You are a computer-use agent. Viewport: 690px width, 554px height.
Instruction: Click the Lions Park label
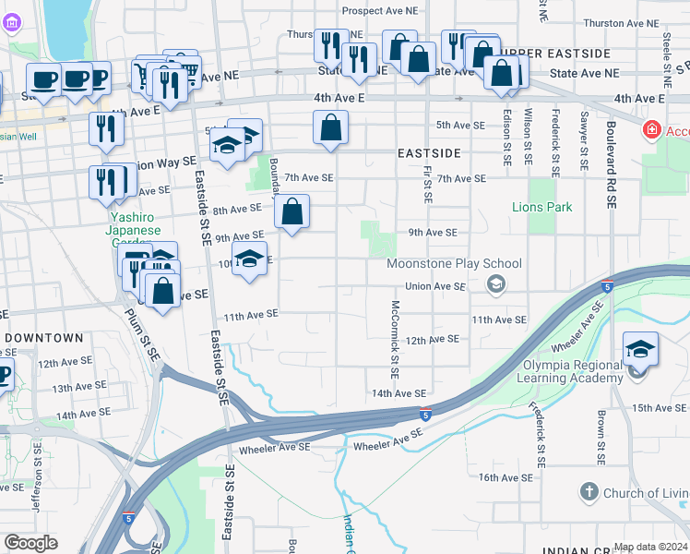tap(542, 207)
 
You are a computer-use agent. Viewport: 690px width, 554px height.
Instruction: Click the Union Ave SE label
tap(435, 287)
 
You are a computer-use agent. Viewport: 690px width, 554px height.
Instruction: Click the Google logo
tap(30, 543)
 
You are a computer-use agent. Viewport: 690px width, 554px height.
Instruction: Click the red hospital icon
tap(653, 131)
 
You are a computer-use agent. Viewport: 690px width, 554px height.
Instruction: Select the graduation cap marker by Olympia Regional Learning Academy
tap(640, 351)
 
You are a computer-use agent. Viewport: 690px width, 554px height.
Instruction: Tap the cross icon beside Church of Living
tap(589, 493)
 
